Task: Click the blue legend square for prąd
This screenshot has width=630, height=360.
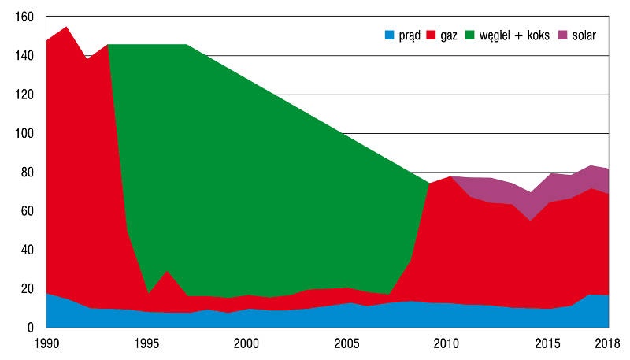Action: coord(389,35)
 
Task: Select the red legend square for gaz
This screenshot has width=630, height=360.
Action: coord(431,35)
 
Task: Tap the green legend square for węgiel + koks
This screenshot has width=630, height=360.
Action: coord(469,35)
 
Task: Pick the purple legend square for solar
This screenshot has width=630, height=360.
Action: coord(563,35)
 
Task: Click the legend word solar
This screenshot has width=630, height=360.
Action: coord(584,35)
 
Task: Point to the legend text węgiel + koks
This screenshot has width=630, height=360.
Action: coord(514,35)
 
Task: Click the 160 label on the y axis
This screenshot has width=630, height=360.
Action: coord(24,17)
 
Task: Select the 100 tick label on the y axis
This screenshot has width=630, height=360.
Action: coord(24,133)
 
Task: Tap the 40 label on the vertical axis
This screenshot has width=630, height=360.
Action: coord(27,250)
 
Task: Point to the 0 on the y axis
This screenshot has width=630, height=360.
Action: coord(31,328)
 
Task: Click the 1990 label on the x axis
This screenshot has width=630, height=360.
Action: coord(46,343)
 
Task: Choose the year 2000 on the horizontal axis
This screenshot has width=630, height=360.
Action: coord(246,343)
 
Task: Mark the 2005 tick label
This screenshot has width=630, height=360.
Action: coord(346,343)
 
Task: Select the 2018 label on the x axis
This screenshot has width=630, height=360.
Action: coord(607,343)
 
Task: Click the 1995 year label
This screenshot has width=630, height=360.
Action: coord(146,343)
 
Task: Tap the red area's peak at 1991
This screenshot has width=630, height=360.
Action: coord(66,27)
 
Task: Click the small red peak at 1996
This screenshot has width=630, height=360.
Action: coord(167,272)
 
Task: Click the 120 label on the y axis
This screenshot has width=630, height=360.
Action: coord(24,95)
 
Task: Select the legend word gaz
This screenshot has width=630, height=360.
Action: coord(449,36)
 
